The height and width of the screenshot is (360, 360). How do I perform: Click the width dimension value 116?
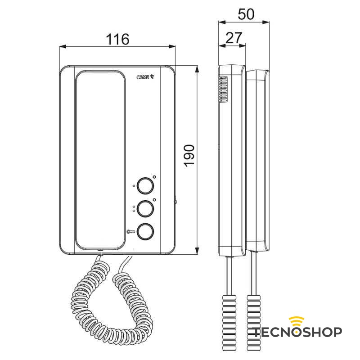coord(117,39)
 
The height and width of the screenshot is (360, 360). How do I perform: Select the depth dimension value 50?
coord(246,14)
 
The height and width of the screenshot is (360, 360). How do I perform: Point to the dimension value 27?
coord(233,38)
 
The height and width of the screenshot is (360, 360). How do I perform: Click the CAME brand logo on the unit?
coord(145,77)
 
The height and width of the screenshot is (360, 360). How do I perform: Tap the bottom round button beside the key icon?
coord(145,232)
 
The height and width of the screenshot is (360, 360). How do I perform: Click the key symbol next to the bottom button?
coord(131,232)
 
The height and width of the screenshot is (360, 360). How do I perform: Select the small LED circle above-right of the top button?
coord(154,177)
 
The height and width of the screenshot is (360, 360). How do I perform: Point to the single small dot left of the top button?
coord(134,185)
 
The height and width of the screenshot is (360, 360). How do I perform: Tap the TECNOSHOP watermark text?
coord(297,332)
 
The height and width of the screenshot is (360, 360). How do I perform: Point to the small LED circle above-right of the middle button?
coord(154,199)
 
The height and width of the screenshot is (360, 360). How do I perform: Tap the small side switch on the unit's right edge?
coord(175,202)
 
